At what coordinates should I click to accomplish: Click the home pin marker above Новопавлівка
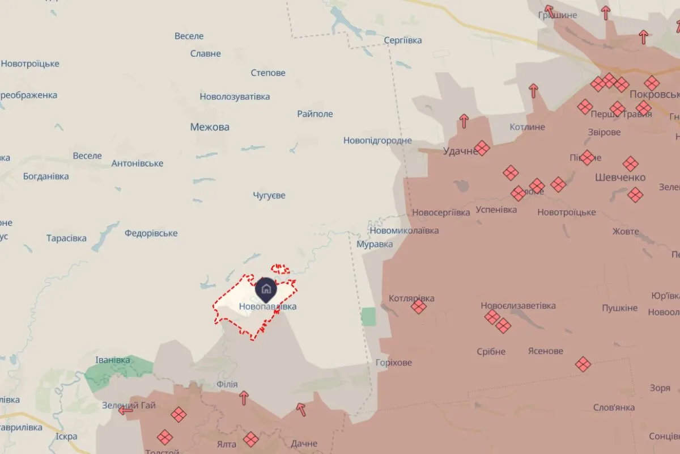[x=266, y=289]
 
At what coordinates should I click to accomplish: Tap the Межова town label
[x=210, y=127]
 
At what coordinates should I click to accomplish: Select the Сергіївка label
[x=402, y=40]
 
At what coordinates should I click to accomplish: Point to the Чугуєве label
[x=269, y=196]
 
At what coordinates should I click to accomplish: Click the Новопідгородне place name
[x=377, y=141]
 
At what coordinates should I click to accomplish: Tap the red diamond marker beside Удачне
[x=482, y=148]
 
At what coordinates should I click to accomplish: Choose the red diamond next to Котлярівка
[x=419, y=307]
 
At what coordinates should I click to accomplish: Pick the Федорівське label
[x=151, y=233]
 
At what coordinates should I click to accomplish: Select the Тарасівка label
[x=66, y=238]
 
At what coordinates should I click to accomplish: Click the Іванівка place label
[x=113, y=360]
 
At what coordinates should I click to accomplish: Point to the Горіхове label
[x=394, y=363]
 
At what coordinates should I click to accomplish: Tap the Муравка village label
[x=375, y=245]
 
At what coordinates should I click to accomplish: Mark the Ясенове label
[x=545, y=351]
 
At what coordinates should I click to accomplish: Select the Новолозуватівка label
[x=235, y=97]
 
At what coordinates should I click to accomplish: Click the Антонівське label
[x=137, y=164]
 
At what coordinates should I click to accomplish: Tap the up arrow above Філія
[x=244, y=397]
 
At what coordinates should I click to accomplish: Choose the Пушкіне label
[x=619, y=308]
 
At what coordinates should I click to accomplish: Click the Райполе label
[x=315, y=114]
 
